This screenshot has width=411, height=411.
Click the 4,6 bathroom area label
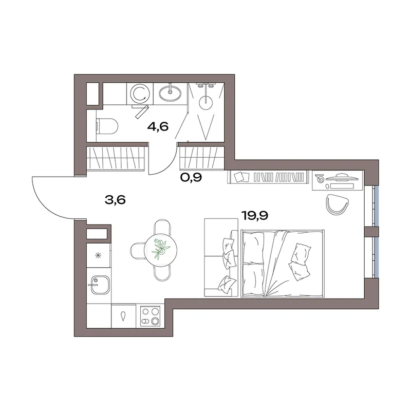tap(158, 127)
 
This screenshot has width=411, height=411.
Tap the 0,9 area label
tap(191, 177)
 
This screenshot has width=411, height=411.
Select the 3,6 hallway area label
tap(115, 200)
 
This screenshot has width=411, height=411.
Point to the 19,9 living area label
tap(254, 216)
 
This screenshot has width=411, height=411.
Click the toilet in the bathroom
tap(107, 126)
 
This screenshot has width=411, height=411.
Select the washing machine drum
tap(140, 94)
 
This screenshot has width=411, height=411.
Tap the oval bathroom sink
tap(171, 92)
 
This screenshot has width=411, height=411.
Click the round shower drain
tap(206, 103)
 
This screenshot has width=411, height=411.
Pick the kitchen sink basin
tap(100, 285)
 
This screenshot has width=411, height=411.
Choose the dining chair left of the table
tap(136, 250)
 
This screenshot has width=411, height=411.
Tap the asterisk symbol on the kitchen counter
tap(98, 255)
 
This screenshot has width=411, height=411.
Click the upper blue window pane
tap(377, 206)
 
